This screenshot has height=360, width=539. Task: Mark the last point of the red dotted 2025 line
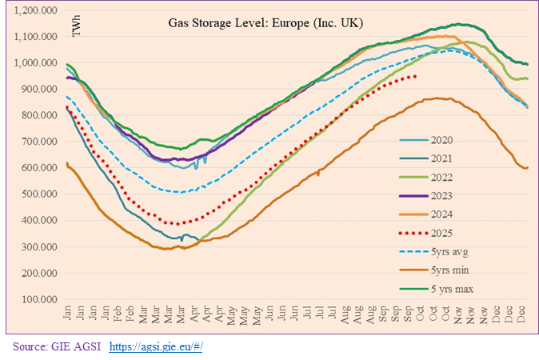click(x=416, y=77)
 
